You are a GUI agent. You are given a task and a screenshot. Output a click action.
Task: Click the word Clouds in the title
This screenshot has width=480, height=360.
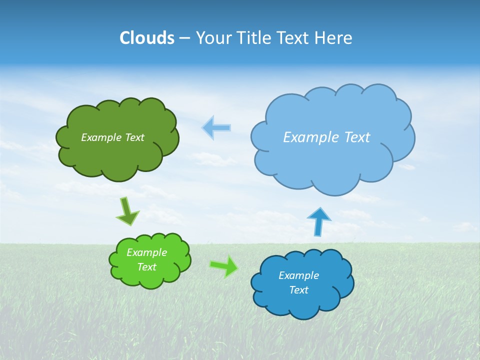click(147, 38)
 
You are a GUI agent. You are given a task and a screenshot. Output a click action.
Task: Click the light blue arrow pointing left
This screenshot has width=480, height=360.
click(216, 127)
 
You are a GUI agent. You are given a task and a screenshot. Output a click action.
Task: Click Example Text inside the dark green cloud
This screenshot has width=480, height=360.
click(112, 137)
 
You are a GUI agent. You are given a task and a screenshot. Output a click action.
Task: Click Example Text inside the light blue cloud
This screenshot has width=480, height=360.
click(326, 137)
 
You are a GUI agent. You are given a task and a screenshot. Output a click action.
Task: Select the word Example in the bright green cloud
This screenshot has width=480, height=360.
click(146, 252)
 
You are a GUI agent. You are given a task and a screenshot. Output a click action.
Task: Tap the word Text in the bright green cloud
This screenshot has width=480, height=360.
click(146, 267)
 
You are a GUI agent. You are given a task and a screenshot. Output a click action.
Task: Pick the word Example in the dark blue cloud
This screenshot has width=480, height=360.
click(298, 275)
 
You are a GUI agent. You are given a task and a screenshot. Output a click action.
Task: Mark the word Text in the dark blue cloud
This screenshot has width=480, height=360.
click(298, 290)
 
